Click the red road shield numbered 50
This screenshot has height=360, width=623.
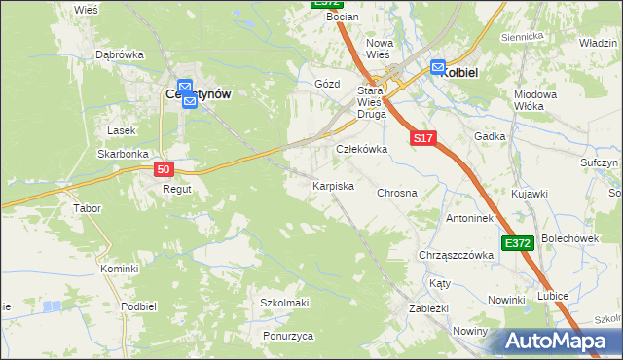click(165, 169)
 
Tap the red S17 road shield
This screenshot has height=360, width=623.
click(421, 140)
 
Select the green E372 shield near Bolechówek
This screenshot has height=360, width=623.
click(518, 242)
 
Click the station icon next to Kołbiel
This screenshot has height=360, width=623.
click(437, 68)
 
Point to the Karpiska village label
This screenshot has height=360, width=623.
click(332, 185)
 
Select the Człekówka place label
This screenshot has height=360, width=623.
click(361, 150)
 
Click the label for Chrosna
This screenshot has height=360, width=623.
click(396, 193)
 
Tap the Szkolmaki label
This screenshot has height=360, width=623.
click(283, 303)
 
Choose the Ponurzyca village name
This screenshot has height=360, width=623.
click(287, 336)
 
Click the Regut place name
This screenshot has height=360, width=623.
click(176, 189)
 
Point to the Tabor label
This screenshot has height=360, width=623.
click(88, 208)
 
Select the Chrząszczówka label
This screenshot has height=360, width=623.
click(455, 255)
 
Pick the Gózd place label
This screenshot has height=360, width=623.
click(326, 85)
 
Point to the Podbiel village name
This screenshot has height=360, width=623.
click(139, 306)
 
